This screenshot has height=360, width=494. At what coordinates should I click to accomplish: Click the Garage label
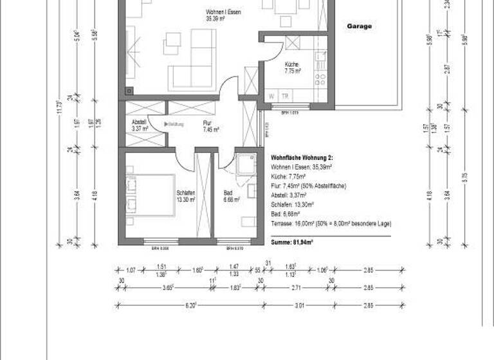coord(360,27)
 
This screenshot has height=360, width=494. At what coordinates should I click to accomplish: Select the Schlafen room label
coord(185,196)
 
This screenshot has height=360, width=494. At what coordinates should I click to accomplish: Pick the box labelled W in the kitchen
coord(272,96)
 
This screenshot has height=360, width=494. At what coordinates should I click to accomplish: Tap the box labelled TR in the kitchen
coord(285,96)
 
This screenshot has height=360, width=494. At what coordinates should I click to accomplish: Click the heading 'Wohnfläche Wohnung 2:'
coord(301,157)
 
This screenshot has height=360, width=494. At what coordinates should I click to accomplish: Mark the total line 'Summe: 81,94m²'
coord(292,242)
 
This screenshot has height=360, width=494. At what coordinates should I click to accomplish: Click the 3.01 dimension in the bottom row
coord(299,305)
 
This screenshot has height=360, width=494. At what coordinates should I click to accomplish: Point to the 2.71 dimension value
coord(295,287)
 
